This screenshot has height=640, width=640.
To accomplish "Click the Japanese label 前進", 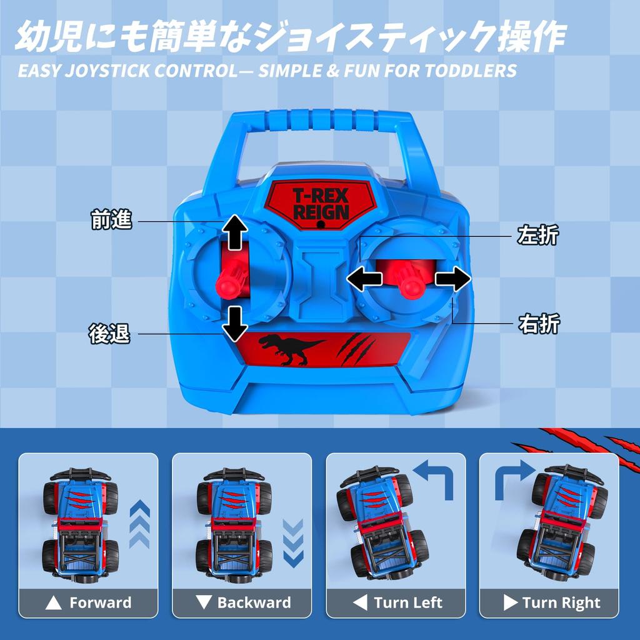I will [x=111, y=221].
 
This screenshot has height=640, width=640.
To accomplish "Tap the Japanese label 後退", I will [x=109, y=334].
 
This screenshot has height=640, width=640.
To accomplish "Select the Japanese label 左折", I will [x=538, y=236].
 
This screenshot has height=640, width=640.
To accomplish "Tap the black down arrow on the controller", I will [x=236, y=323].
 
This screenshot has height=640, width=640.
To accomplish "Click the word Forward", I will [x=100, y=603].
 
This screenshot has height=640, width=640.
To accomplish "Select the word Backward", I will [x=254, y=603].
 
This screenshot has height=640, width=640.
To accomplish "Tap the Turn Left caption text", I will [x=407, y=603].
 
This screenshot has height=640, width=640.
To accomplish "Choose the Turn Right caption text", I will [x=561, y=603].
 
